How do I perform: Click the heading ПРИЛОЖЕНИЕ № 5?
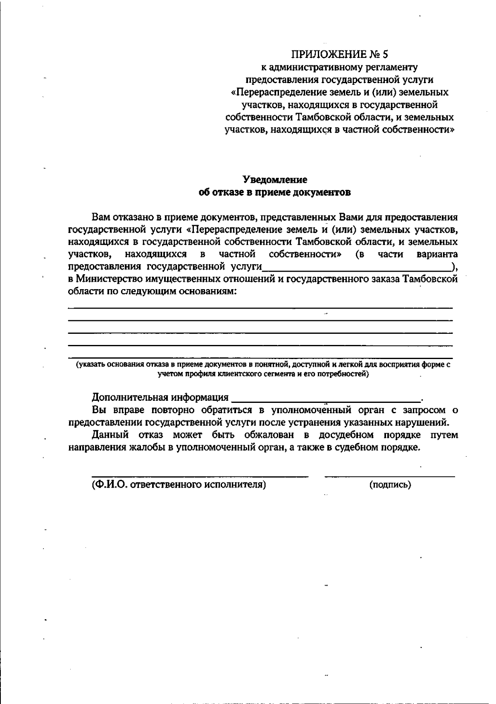[340, 54]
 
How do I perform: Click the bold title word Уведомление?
[275, 180]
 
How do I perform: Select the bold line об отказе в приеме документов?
[275, 192]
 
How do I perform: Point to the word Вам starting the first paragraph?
[100, 217]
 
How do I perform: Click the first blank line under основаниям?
[260, 308]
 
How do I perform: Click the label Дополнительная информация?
[160, 397]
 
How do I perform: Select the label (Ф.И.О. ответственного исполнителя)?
[179, 485]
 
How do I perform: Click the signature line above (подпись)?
[390, 477]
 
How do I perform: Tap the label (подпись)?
[390, 485]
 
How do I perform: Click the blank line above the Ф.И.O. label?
[200, 477]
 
